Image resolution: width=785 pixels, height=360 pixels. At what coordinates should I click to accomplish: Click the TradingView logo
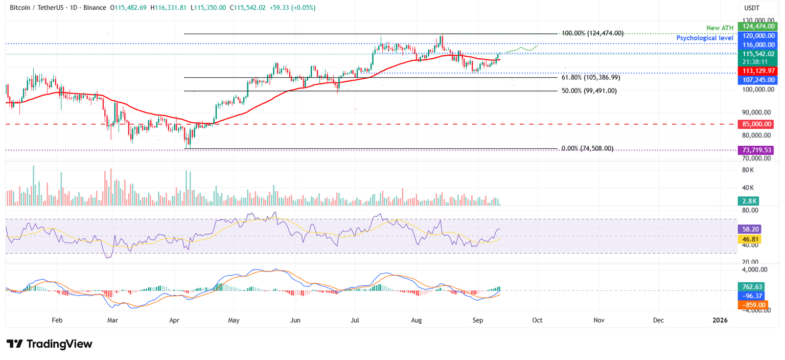point(49,344)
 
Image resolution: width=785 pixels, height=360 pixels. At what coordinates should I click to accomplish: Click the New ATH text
point(720,28)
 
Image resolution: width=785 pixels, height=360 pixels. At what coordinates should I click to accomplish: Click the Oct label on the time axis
point(537,320)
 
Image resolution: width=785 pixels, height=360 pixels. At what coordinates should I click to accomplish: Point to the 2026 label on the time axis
point(721,320)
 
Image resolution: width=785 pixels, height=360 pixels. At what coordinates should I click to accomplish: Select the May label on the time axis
point(234,320)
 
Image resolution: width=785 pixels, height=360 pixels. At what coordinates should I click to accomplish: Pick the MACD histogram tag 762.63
point(751,286)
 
